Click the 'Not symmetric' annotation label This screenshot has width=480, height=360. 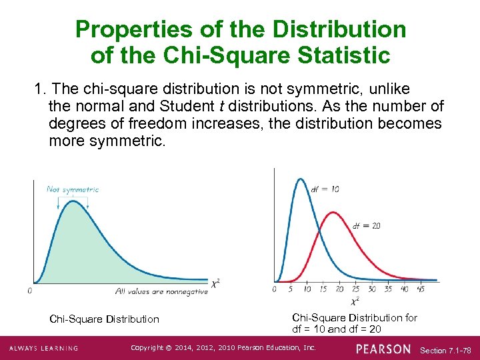pos(73,189)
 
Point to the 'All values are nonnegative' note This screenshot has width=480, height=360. pos(161,291)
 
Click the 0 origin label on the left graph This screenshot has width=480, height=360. pos(29,291)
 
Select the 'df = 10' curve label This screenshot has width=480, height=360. pos(325,189)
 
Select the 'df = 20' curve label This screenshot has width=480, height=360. pos(366,225)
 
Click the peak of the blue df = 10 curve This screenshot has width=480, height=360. pos(301,179)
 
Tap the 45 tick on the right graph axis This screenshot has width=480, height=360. pos(421,289)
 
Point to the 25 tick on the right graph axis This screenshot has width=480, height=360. pos(355,289)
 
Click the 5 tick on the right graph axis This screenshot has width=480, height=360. pos(291,289)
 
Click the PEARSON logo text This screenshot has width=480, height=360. pos(383,349)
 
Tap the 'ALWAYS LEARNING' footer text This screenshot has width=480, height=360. pos(44,349)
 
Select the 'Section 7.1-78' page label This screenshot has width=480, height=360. pos(446,350)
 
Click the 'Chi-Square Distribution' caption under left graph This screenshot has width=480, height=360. pos(105,319)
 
